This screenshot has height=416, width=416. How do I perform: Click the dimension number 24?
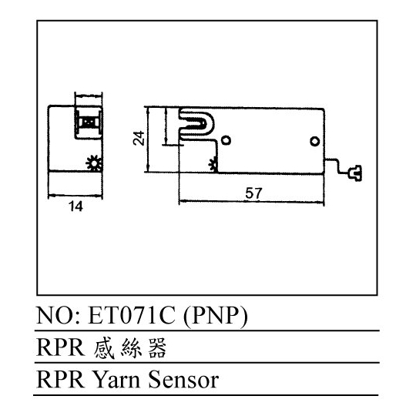[139, 138]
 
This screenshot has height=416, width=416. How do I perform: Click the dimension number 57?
[253, 193]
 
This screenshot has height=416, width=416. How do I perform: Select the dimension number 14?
[75, 206]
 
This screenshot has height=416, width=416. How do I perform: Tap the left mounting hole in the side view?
[226, 140]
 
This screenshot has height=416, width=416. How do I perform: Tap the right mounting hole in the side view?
[314, 141]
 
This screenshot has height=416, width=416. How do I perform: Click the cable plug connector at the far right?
[355, 173]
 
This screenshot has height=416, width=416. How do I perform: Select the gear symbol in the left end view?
[94, 163]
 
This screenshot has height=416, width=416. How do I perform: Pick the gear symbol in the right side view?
[213, 165]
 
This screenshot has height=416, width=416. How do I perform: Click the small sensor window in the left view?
[89, 122]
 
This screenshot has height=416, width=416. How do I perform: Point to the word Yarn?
[116, 380]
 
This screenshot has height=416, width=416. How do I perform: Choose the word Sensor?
[183, 380]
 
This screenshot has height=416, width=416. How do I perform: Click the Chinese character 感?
[104, 348]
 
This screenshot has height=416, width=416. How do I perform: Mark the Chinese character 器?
[157, 348]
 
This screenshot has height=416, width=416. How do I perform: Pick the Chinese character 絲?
[131, 348]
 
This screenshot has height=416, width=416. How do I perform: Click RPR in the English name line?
[61, 380]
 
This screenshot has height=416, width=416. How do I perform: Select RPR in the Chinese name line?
[61, 347]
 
